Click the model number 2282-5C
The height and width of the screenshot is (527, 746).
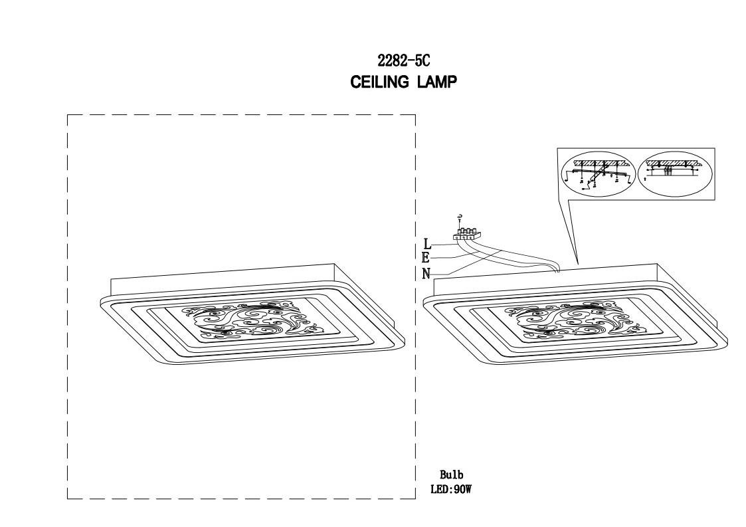[404, 61]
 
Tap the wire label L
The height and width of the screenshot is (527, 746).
[427, 246]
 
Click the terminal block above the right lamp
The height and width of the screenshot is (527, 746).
[466, 234]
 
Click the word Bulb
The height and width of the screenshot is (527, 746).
[451, 474]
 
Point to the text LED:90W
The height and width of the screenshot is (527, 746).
[451, 490]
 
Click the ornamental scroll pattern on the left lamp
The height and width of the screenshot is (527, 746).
[249, 322]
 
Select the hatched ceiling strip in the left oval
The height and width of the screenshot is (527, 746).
[596, 163]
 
